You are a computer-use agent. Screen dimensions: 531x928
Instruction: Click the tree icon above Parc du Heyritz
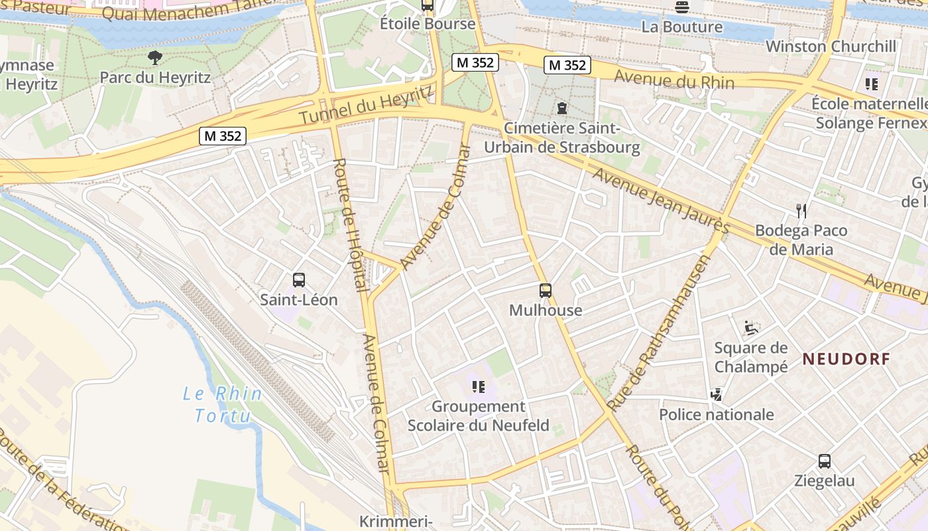(x=155, y=58)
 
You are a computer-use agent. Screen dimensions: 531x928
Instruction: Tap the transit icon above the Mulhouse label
(x=545, y=291)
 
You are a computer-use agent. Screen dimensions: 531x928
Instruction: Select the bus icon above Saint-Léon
(x=298, y=280)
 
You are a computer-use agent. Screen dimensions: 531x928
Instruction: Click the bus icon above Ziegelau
(x=824, y=461)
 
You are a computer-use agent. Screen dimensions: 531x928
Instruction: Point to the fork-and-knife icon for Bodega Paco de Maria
(x=801, y=211)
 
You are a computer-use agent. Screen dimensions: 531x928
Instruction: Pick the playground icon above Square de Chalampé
(x=751, y=328)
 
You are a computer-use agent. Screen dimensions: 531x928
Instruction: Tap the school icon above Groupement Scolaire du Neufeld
(x=478, y=386)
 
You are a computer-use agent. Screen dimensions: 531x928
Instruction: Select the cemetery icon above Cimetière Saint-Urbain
(x=562, y=108)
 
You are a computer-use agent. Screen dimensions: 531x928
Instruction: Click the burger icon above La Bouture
(x=682, y=7)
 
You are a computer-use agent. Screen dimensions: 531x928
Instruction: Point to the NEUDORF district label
(x=846, y=359)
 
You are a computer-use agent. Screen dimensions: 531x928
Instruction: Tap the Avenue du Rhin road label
(x=673, y=80)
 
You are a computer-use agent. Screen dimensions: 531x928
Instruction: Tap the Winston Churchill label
(x=831, y=46)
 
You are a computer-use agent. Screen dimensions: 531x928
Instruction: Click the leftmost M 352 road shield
(x=223, y=136)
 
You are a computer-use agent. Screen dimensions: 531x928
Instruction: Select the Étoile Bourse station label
(x=427, y=24)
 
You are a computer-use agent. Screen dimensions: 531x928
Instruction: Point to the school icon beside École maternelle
(x=871, y=84)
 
